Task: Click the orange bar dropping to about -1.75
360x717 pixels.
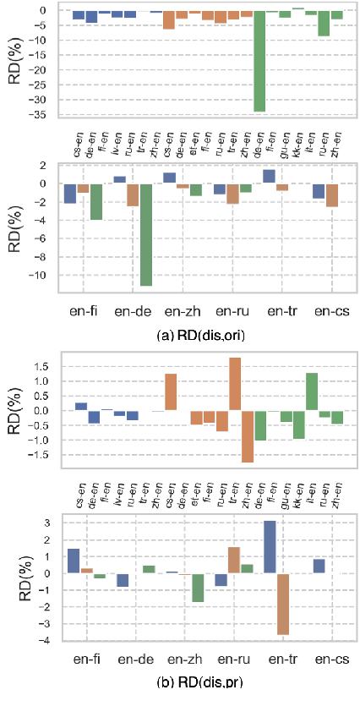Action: tap(248, 436)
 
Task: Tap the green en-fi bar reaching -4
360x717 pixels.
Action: tap(95, 202)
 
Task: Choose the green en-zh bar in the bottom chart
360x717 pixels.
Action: tap(197, 588)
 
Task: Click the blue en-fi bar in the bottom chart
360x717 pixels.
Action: tap(73, 561)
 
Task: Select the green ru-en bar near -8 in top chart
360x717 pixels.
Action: tap(324, 23)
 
